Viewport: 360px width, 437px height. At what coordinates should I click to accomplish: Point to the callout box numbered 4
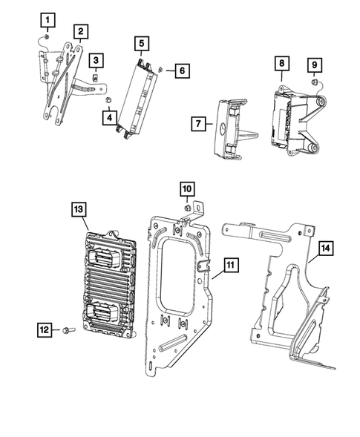110,116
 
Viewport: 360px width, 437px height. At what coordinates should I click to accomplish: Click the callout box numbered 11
230,264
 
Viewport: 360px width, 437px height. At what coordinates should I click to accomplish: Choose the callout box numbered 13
80,210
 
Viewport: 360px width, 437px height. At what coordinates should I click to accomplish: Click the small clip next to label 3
96,74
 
